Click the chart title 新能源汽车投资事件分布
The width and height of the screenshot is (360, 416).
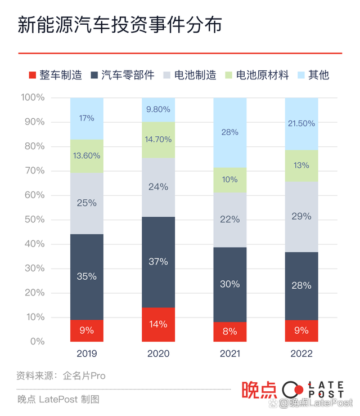click(x=119, y=25)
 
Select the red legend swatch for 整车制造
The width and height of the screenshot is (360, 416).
click(x=32, y=75)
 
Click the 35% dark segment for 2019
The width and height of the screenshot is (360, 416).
click(x=87, y=276)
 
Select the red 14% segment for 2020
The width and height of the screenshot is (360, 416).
click(x=158, y=324)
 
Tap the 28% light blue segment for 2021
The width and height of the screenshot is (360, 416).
click(x=229, y=132)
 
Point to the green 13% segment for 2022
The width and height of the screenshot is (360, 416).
click(x=301, y=165)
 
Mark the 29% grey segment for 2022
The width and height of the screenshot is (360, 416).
click(x=301, y=217)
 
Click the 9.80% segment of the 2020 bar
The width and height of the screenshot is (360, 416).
click(x=158, y=110)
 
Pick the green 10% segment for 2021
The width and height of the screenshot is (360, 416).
click(x=229, y=180)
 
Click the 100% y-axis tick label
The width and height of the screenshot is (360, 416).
click(x=32, y=98)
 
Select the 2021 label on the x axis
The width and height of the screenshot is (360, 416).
click(x=229, y=354)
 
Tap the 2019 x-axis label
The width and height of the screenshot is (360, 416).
click(x=87, y=354)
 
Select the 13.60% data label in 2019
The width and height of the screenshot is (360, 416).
click(x=87, y=155)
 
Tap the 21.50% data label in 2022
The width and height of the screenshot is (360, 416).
click(x=301, y=123)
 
